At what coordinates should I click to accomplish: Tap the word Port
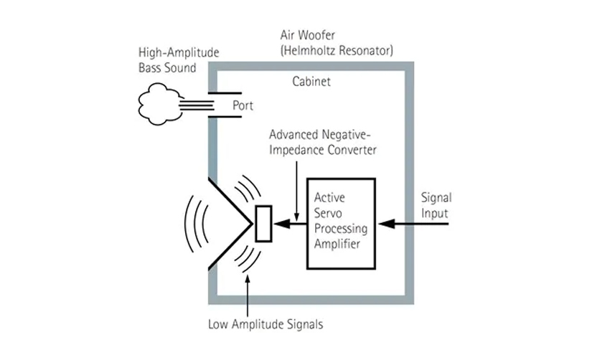click(x=243, y=105)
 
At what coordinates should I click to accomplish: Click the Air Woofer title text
click(x=309, y=35)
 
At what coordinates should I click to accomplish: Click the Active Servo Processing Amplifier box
click(x=341, y=222)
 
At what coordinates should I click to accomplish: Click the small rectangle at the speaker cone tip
click(x=263, y=224)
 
